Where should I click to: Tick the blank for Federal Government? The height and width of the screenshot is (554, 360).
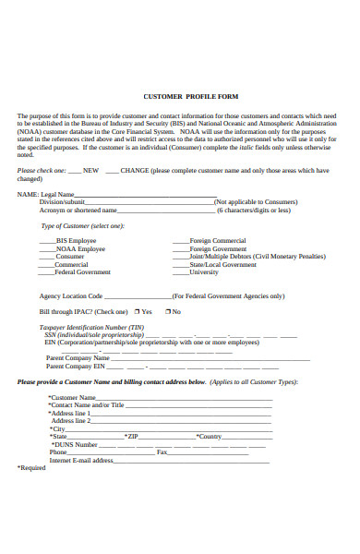[45, 273]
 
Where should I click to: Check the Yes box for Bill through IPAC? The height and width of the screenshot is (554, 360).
[136, 312]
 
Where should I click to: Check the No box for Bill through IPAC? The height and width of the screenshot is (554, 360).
[166, 312]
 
